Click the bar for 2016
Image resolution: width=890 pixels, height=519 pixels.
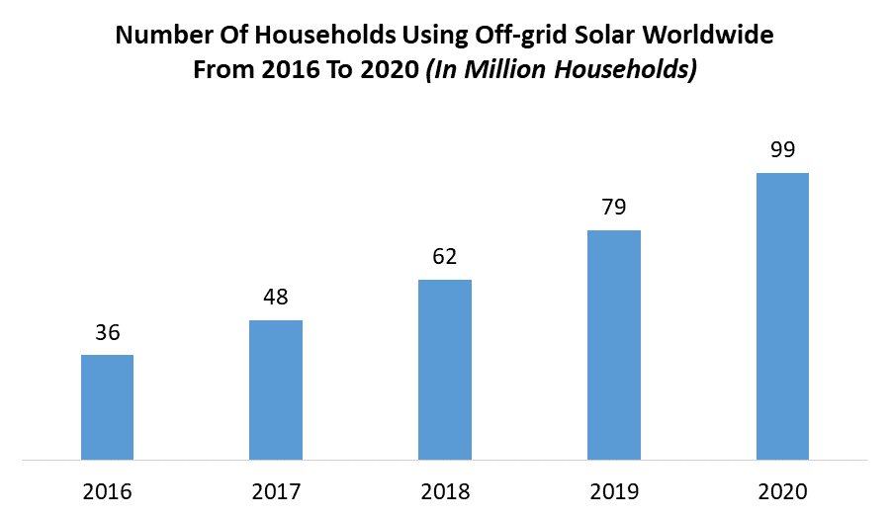point(107,407)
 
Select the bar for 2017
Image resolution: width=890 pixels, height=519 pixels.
point(276,389)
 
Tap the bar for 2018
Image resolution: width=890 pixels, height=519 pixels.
point(445,370)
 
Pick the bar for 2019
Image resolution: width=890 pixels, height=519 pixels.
point(614,345)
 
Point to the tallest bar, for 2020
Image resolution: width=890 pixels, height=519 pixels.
point(782,316)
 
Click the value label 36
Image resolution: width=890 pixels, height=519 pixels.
point(107,333)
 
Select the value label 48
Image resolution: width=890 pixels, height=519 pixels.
point(276,298)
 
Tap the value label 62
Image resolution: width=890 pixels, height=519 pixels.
point(445,257)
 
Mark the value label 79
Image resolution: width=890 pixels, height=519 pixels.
point(614,208)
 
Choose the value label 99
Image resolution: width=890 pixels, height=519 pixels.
point(782,150)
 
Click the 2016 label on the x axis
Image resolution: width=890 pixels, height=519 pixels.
point(107,491)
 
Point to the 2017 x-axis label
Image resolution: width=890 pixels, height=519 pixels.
point(276,491)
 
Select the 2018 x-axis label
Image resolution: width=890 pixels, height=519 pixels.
point(445,491)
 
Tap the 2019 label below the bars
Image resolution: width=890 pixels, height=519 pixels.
point(614,491)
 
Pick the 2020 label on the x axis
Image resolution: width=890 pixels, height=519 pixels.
point(782,491)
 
